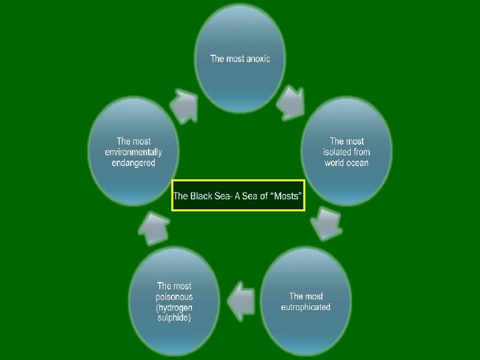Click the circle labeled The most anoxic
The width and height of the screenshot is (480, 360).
coord(240,57)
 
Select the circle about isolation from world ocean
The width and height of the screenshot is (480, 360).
coord(346,152)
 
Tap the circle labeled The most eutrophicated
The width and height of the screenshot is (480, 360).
coord(305,301)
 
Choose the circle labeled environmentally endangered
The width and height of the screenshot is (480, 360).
coord(133,152)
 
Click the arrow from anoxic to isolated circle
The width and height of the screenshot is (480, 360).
coord(291,101)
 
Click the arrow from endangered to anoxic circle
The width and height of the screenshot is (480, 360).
coord(184,105)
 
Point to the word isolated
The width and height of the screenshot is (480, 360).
coord(338,152)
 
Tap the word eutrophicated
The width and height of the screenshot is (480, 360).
coord(305,307)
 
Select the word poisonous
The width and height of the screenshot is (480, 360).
coord(174,297)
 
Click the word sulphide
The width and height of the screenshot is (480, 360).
coord(174,318)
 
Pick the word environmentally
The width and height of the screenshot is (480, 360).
coord(133,152)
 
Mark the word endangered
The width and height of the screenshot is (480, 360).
coord(133,163)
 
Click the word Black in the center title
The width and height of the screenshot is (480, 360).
coord(203,196)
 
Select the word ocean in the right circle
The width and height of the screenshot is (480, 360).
coord(357,163)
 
